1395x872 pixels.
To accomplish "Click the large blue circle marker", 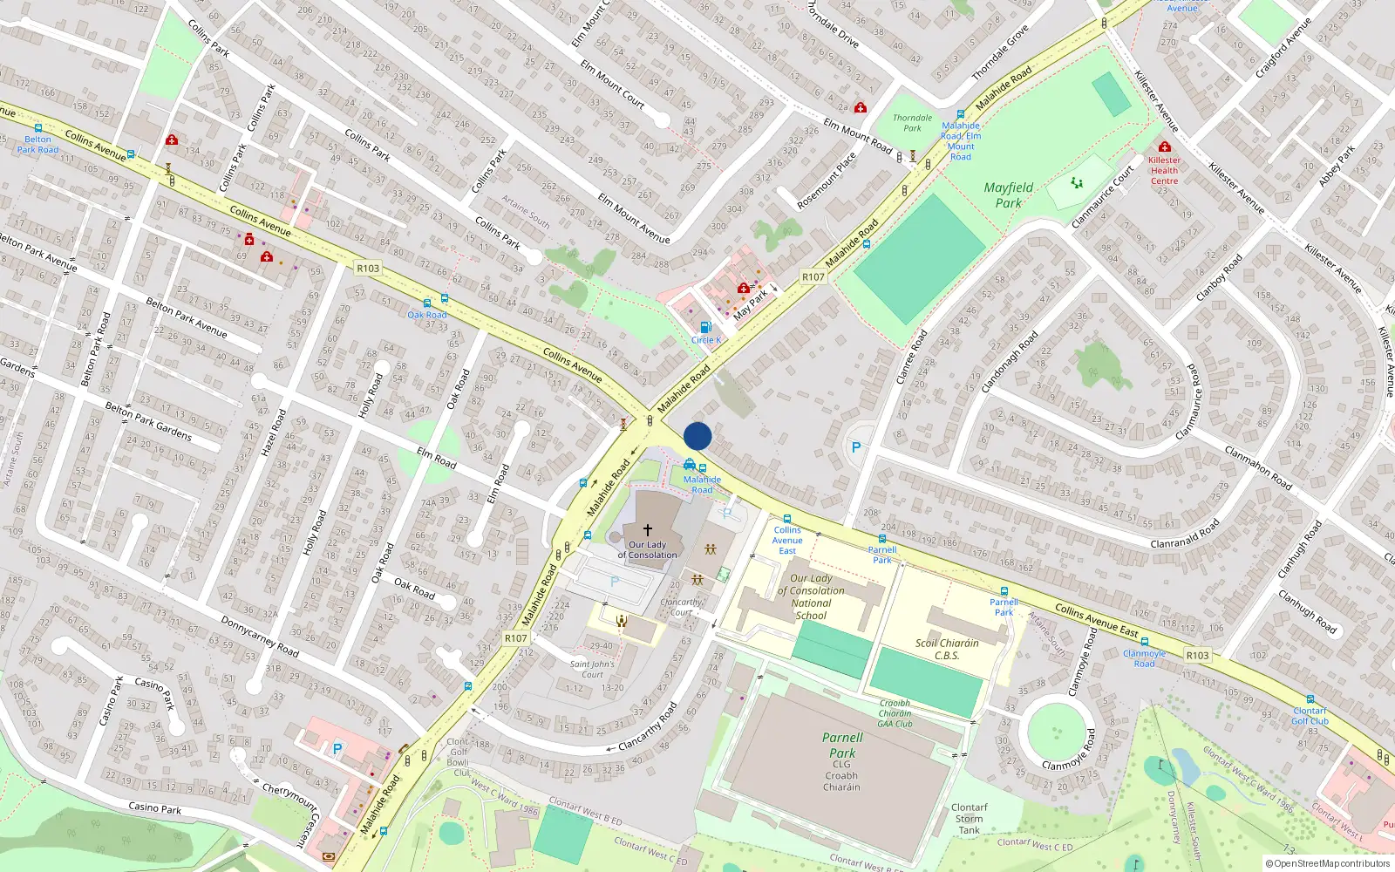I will coord(697,436).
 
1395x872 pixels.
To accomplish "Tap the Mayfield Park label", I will coord(1008,194).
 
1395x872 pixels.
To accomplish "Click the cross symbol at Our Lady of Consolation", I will coord(648,529).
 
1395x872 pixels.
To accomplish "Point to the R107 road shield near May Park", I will coord(813,276).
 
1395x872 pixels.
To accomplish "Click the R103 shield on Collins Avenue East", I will coord(1197,655).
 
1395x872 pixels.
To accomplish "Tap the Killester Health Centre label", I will coord(1164,170).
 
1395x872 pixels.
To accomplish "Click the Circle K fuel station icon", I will coord(705,328).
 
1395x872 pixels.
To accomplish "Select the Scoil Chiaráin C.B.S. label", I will coord(947,649).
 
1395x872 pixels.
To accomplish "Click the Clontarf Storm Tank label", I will coord(969,819).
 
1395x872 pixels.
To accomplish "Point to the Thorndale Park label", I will coord(912,123).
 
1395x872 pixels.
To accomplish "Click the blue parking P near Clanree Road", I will coord(856,447).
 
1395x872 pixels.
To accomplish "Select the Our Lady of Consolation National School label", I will coord(811,596).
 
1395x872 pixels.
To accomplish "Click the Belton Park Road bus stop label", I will coord(37,144).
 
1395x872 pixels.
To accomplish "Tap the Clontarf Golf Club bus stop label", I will coord(1310,716).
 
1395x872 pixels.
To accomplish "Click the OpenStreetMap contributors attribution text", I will coord(1331,863).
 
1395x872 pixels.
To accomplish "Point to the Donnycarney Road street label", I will coord(260,636).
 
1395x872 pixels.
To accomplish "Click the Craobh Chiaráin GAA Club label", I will coord(895,713).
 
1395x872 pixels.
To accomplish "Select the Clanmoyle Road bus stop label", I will coord(1144,658).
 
